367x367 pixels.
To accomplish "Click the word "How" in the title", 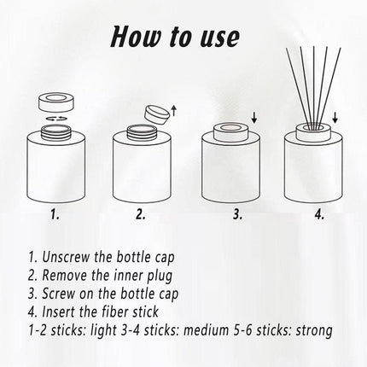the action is coord(136,37).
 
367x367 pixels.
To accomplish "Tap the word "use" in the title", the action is coord(219,38).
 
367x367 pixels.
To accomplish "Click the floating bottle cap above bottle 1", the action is coord(56,104).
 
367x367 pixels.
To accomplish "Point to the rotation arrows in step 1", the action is coord(56,118).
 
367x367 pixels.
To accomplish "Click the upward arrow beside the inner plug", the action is coord(174,111).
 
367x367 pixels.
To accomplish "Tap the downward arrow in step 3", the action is coord(254,117).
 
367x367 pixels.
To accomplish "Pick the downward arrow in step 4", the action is coord(335,117).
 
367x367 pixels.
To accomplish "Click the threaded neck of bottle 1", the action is coord(56,132).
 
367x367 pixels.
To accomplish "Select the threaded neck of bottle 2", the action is coord(142,132).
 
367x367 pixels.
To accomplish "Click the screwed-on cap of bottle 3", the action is coord(230,131).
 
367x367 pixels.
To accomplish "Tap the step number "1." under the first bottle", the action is coord(55,214).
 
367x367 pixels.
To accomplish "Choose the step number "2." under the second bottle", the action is coord(140,214).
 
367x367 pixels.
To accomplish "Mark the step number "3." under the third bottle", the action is coord(237,214).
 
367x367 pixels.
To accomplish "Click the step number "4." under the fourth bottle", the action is coord(319,214).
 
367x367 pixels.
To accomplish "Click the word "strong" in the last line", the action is coord(314,331).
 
